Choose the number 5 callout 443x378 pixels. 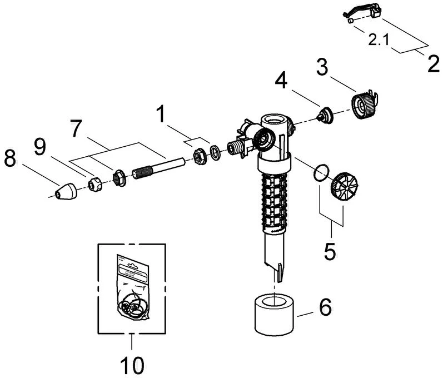coord(330,250)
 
